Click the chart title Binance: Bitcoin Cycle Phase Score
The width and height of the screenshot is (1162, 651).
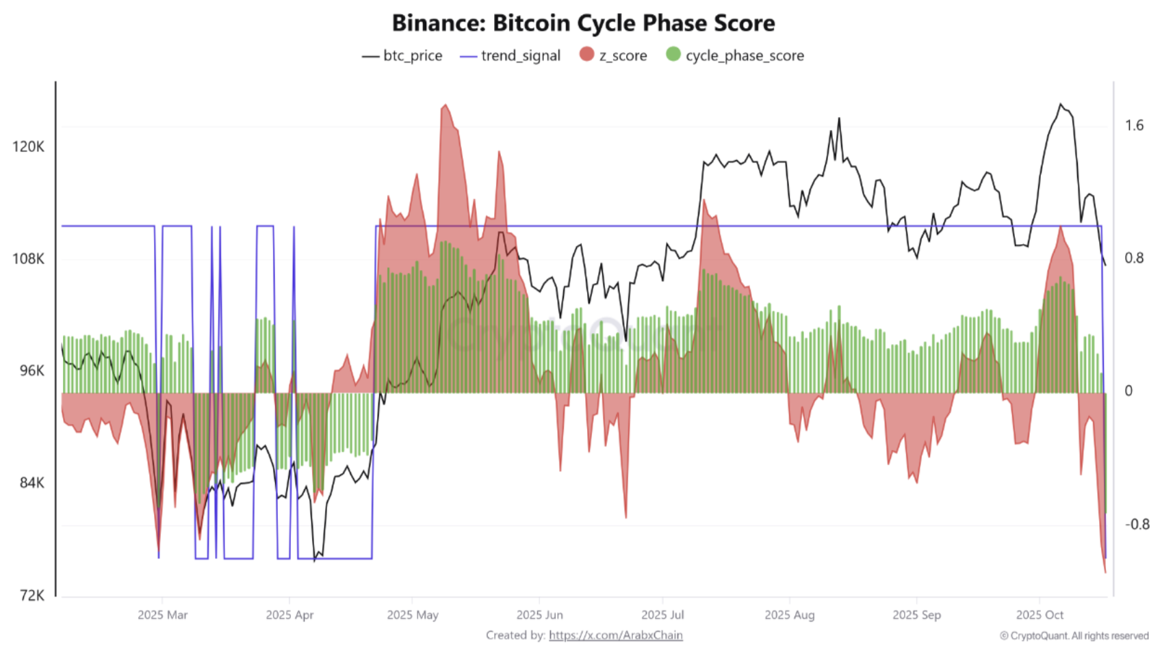[583, 23]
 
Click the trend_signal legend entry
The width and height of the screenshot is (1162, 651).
[511, 56]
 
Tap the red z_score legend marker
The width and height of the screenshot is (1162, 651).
[586, 55]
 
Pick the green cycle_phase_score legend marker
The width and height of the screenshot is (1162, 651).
[673, 55]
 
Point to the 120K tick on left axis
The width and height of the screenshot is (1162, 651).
[28, 146]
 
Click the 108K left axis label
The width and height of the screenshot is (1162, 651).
[28, 258]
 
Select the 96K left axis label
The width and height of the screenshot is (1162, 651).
[31, 371]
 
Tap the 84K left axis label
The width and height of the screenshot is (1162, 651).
[31, 483]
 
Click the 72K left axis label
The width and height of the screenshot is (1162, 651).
[31, 595]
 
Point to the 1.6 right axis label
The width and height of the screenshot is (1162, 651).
[1134, 125]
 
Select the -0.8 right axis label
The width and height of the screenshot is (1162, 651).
[1137, 524]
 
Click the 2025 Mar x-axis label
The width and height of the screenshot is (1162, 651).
[162, 615]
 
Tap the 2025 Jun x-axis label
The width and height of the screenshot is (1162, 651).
[539, 615]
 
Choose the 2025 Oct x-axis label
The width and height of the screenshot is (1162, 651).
[1040, 615]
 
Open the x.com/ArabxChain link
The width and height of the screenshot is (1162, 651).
[615, 635]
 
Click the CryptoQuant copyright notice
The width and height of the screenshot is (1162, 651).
[1074, 636]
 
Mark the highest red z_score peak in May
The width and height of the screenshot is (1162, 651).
[446, 105]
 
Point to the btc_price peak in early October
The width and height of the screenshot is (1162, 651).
[1061, 104]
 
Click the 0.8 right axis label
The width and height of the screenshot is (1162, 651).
[1134, 258]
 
